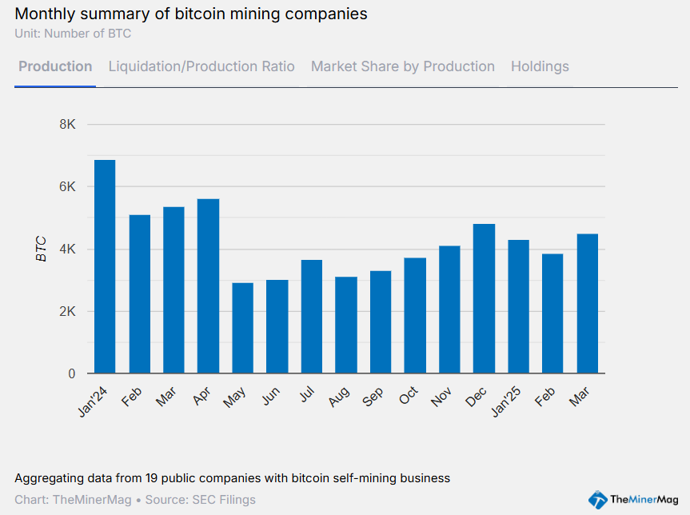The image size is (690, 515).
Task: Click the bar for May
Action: pos(243,328)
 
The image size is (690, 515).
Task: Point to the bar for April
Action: pos(208,285)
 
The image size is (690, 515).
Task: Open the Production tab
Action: pos(55,66)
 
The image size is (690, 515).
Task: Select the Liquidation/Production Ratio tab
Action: pos(201,66)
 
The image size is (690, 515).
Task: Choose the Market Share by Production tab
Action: pos(403,66)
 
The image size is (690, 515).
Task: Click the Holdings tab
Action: pos(540,66)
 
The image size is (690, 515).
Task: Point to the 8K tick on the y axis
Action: pos(67,125)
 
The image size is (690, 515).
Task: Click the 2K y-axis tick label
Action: pos(67,311)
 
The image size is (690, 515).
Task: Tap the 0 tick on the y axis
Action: pos(71,373)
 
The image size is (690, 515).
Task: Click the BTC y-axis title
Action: pos(42,250)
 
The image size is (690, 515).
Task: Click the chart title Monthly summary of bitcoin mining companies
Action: pos(191,14)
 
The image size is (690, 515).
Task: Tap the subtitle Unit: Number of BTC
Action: pos(73,34)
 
